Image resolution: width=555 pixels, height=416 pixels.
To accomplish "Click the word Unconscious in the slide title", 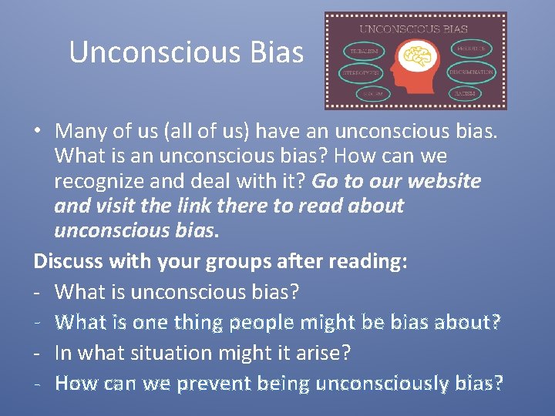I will click(x=155, y=52).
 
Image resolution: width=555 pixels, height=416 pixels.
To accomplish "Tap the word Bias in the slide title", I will click(x=277, y=52).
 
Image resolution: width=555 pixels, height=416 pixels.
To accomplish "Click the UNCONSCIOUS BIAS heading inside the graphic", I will click(x=416, y=29).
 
